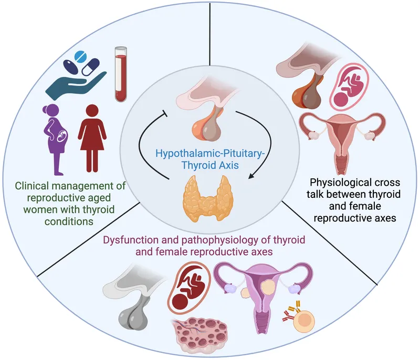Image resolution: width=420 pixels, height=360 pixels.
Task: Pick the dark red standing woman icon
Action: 96,140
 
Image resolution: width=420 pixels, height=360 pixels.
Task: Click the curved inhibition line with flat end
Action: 144,147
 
